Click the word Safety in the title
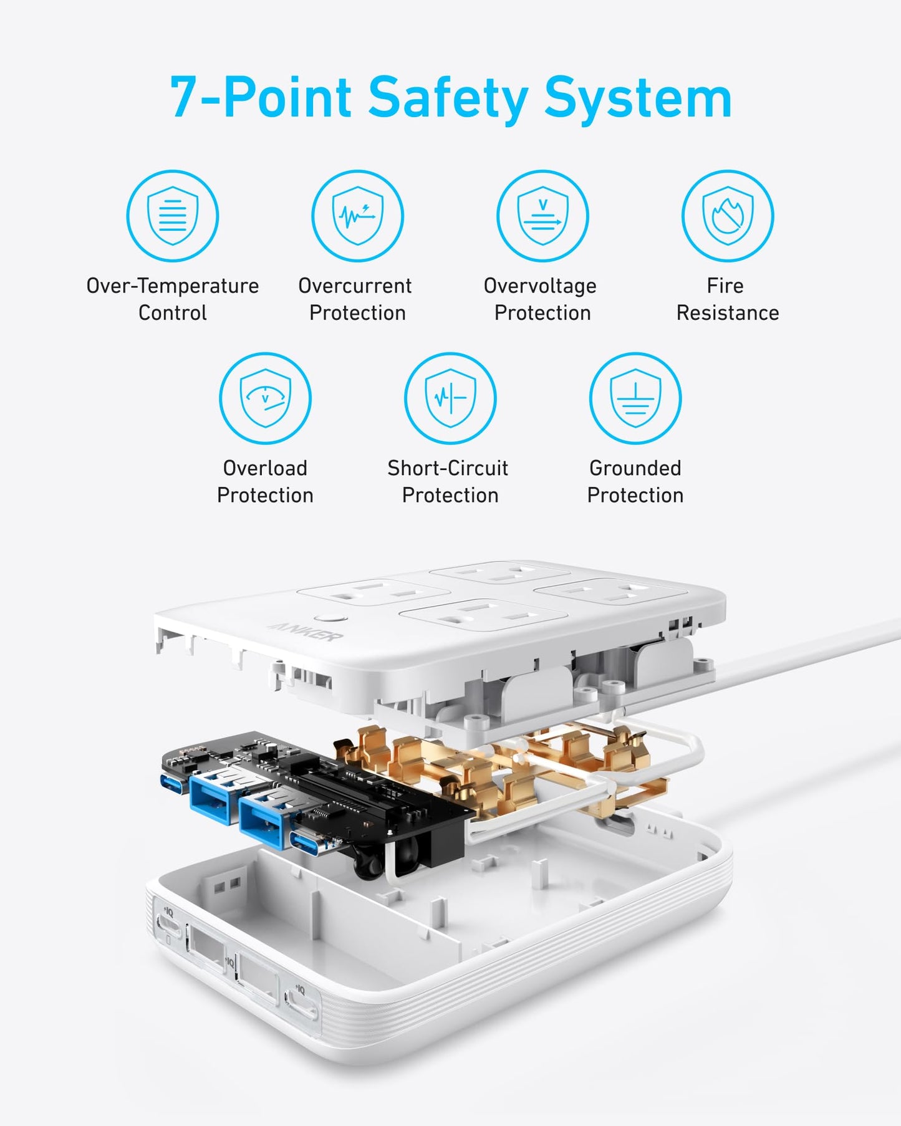point(448,97)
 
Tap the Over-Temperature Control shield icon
point(173,216)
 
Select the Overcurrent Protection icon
point(357,216)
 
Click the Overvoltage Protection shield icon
point(542,216)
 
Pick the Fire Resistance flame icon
point(728,216)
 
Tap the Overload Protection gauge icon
point(265,398)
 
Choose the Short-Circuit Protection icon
point(450,398)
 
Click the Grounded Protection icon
point(635,398)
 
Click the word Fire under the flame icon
point(725,286)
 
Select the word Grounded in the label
point(635,468)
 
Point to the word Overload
point(265,468)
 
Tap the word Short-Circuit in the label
point(448,468)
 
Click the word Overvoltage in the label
point(540,286)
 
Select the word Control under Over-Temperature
point(172,312)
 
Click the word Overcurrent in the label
point(355,286)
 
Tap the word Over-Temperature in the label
point(173,286)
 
